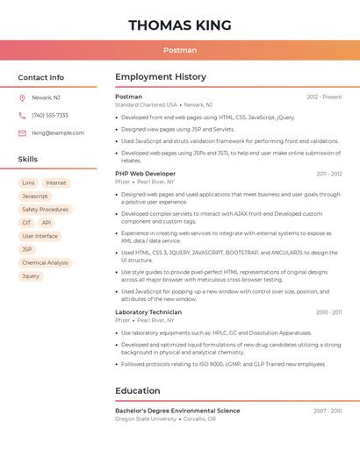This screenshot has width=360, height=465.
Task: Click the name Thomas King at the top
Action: pos(180,25)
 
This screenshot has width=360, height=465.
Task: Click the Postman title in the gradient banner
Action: pos(180,50)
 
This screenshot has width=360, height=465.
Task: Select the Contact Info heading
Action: pos(40,77)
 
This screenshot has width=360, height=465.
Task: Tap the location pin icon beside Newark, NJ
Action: pos(22,97)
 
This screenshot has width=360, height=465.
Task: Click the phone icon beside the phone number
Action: pos(22,115)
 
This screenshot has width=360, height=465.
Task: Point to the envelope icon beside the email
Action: pos(22,133)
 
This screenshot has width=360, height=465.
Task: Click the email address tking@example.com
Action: pos(58,133)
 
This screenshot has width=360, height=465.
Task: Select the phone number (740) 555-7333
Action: pos(50,115)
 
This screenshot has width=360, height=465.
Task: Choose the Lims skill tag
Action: pos(28,183)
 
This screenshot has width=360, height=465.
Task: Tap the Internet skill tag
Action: pos(56,183)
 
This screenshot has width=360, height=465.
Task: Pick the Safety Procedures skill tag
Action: pos(45,210)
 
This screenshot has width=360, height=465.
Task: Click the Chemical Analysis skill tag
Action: pos(45,262)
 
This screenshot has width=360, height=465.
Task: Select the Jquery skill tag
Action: pos(31,275)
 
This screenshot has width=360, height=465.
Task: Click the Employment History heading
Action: pos(161,77)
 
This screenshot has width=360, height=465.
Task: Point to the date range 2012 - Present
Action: pos(324,97)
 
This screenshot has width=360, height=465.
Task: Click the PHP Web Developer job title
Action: pos(145,174)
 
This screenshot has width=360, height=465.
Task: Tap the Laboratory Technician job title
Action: pos(148,312)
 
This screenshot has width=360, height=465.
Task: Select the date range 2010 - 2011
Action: pos(328,312)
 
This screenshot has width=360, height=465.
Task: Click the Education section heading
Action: pos(138,390)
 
